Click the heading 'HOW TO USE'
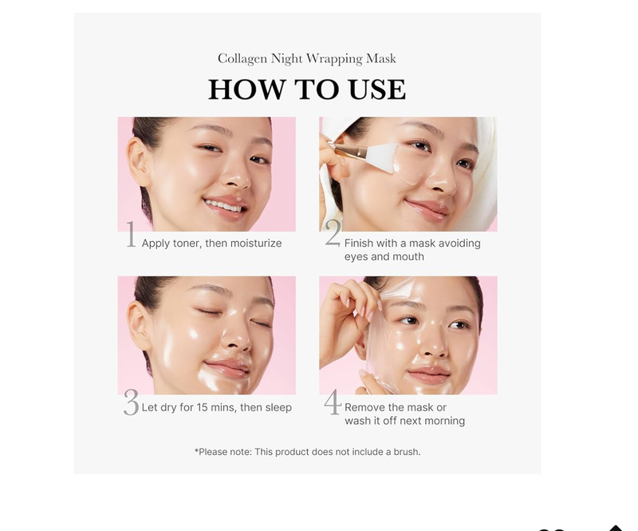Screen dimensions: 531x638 (307, 89)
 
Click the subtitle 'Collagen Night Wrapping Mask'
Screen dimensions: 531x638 (307, 58)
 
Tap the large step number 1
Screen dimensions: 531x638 (131, 236)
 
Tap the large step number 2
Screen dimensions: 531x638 (333, 233)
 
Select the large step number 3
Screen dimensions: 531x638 (131, 404)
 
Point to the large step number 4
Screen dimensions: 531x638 (333, 403)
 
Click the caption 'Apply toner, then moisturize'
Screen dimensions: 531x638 (211, 244)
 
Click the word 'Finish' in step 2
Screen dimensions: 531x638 (360, 244)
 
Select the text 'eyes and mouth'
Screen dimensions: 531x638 (384, 257)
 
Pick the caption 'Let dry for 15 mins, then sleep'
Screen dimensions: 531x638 (216, 407)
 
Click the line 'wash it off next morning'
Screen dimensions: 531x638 (404, 421)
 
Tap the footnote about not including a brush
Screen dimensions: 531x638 (307, 452)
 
